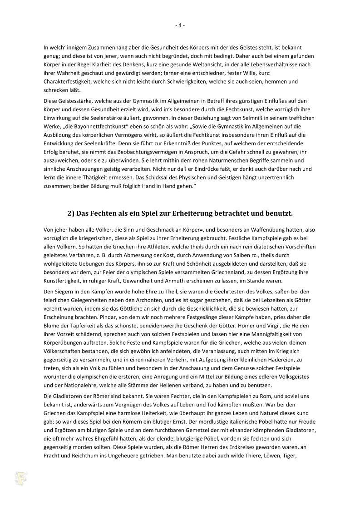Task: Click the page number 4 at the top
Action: coord(180,25)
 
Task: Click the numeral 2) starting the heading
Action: coord(71,213)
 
